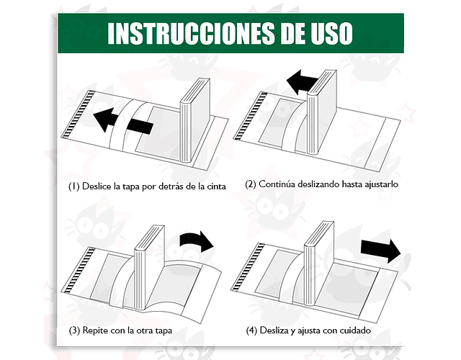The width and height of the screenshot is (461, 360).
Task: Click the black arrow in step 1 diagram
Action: click(x=123, y=120)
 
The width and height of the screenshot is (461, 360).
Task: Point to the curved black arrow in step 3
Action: click(x=197, y=240)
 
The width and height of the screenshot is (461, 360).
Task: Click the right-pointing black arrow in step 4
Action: click(x=380, y=251)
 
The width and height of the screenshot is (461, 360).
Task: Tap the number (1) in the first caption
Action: click(x=73, y=186)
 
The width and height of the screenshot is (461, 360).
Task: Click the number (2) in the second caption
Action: click(x=251, y=184)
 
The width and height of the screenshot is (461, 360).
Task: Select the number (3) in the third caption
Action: click(x=74, y=330)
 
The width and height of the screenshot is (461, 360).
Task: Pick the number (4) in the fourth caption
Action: click(x=251, y=330)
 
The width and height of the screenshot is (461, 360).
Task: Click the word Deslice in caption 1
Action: click(x=97, y=186)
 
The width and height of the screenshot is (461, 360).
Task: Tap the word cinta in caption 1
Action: click(x=216, y=186)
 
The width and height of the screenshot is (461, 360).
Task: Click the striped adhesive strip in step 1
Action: click(x=78, y=115)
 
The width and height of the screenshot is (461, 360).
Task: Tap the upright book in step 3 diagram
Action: click(x=149, y=267)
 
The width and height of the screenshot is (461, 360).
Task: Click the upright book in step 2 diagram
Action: click(x=322, y=112)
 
